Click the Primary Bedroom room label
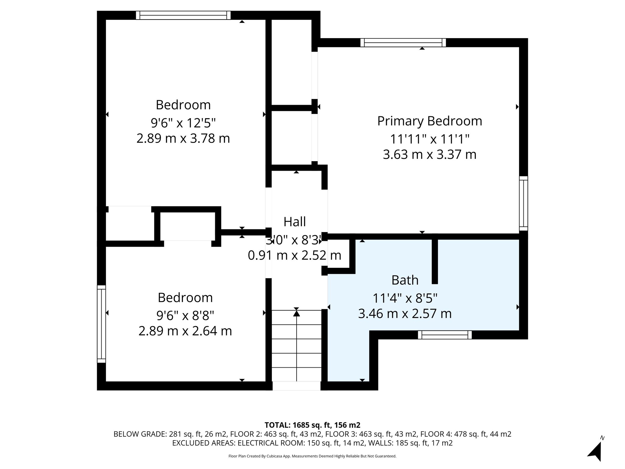[429, 121]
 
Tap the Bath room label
[405, 280]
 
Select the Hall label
[294, 222]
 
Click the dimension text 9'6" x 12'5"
[183, 123]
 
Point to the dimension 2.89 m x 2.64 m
[185, 331]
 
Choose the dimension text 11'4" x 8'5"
[405, 298]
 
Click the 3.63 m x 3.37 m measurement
[429, 155]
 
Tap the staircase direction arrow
[297, 314]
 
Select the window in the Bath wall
[445, 335]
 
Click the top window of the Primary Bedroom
[403, 42]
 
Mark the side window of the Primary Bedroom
[523, 203]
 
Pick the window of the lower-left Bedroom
[101, 324]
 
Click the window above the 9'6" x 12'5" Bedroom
[183, 15]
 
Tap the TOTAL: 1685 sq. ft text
[312, 425]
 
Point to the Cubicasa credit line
[312, 456]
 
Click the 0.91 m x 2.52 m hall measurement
[294, 255]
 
